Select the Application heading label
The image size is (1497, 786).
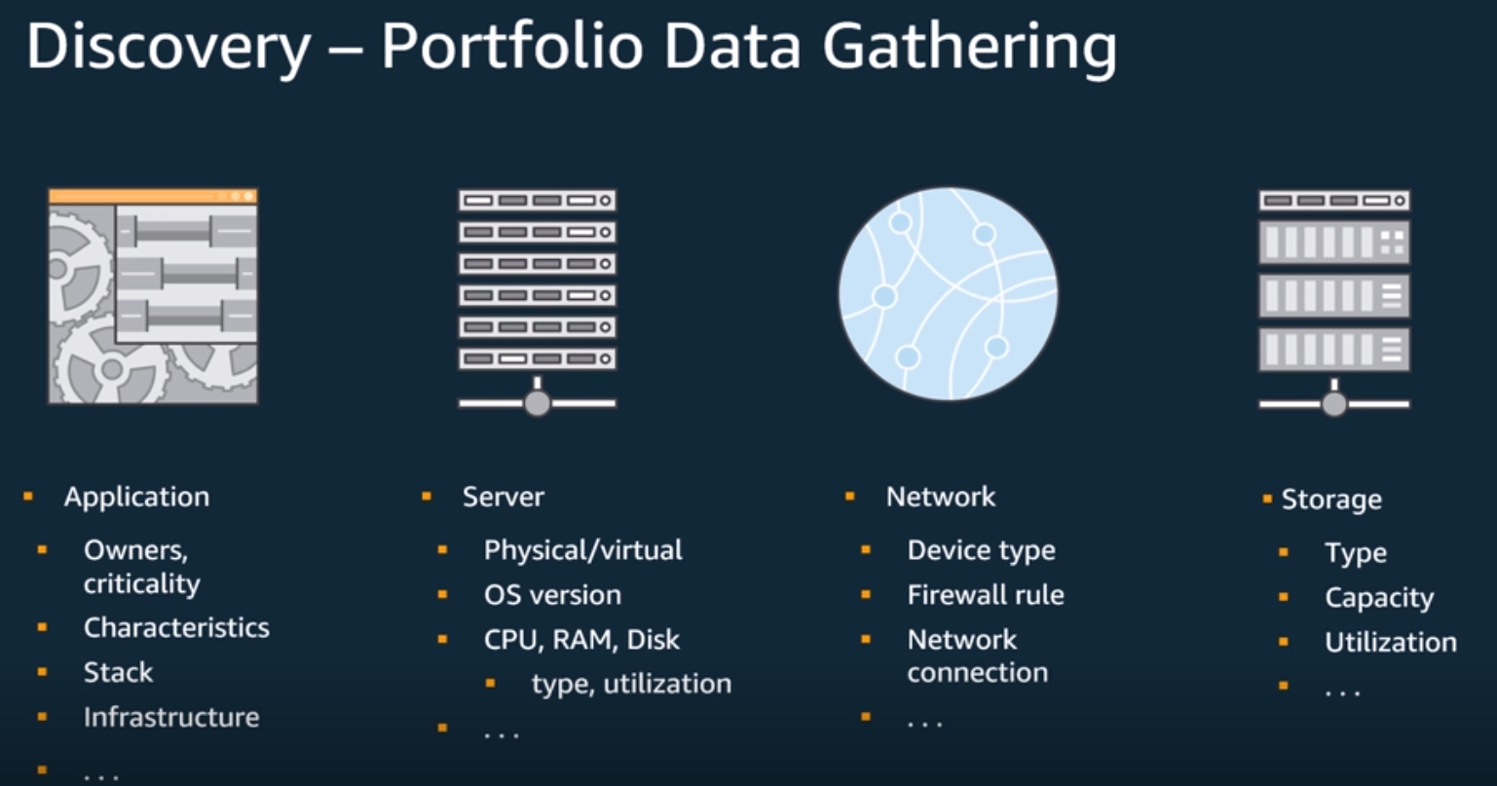[136, 497]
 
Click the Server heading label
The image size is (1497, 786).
[503, 497]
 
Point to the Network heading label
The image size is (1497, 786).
[940, 497]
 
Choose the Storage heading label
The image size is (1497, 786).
[1330, 500]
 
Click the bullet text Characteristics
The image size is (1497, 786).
[176, 627]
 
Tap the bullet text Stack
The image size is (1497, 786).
[118, 672]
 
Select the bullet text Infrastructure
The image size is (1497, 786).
[171, 717]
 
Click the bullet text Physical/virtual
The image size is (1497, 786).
[582, 550]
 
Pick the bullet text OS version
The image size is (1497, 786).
[552, 595]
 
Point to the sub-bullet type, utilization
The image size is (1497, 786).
[631, 684]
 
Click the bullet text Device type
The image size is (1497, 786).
[981, 550]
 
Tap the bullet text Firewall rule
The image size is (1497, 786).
[986, 595]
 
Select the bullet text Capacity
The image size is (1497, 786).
[1379, 598]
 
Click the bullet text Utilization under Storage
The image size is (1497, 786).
[1391, 643]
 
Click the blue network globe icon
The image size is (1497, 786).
[948, 294]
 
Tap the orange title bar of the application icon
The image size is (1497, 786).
[153, 196]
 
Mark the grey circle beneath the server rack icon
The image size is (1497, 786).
[538, 402]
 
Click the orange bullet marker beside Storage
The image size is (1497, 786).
[1267, 500]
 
